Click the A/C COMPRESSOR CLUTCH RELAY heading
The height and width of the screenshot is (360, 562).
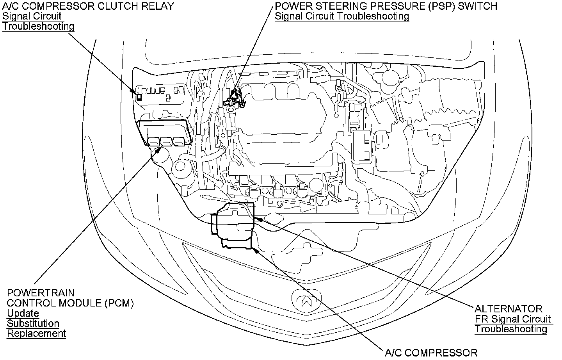click(88, 6)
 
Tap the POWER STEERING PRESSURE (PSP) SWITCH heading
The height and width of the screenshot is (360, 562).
click(386, 6)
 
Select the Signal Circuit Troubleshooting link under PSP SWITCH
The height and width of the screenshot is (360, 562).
click(342, 16)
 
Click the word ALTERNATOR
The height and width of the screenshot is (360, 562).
click(509, 308)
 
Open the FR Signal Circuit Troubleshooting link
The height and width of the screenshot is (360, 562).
click(513, 324)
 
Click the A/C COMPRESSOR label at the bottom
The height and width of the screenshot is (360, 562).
click(431, 353)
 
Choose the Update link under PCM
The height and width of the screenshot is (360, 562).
click(23, 313)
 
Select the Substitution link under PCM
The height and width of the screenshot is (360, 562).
click(33, 323)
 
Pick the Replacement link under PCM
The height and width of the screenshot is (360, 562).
click(36, 333)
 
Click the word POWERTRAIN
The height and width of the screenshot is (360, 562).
click(41, 293)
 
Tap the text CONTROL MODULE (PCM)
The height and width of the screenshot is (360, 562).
click(70, 303)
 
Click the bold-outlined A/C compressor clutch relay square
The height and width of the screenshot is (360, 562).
click(139, 97)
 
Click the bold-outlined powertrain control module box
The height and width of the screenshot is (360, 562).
click(165, 133)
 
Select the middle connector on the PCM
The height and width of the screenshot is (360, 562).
click(166, 142)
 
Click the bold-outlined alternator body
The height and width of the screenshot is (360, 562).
click(233, 221)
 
